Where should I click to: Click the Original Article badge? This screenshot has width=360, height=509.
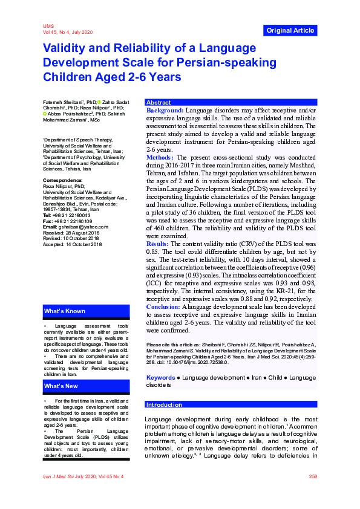click(290, 30)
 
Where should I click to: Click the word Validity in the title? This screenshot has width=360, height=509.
click(66, 48)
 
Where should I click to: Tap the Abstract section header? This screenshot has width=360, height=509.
click(159, 103)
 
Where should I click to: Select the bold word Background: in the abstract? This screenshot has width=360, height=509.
click(165, 111)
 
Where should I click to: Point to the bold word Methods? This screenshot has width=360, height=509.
click(160, 157)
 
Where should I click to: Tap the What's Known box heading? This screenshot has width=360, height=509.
click(64, 311)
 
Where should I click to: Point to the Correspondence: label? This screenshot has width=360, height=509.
click(63, 181)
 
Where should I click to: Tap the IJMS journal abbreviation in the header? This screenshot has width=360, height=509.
click(48, 27)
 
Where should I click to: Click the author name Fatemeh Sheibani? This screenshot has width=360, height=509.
click(64, 102)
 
